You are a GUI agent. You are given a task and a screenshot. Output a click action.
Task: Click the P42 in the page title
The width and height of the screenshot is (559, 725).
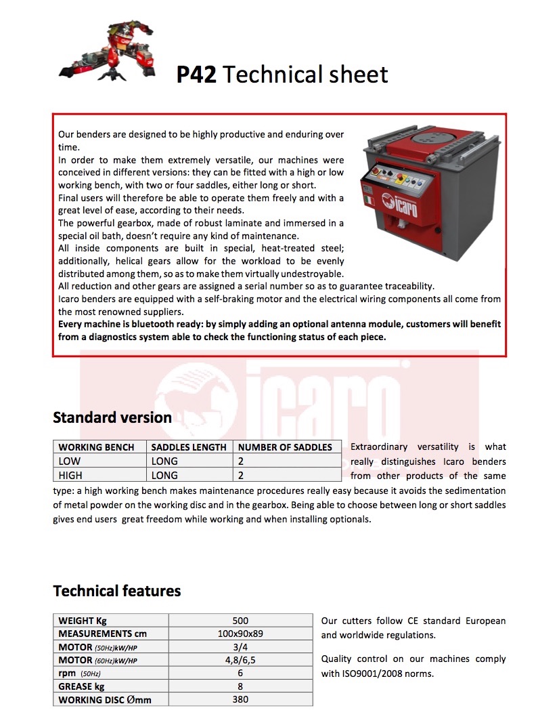tap(196, 75)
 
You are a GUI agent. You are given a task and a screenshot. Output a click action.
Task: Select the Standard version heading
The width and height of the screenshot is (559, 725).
tap(112, 417)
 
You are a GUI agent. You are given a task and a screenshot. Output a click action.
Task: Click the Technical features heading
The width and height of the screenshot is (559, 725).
tap(117, 591)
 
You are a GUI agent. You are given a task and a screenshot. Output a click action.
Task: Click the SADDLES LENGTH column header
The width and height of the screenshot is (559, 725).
tap(189, 447)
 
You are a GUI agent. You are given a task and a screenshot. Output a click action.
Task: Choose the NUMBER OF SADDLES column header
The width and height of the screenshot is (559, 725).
tap(285, 447)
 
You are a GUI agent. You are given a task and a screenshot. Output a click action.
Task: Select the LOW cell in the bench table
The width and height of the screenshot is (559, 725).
tap(70, 461)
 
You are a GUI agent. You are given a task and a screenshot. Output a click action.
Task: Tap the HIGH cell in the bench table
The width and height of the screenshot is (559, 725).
tap(70, 476)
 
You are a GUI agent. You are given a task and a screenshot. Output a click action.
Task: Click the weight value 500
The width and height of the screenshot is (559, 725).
tap(240, 621)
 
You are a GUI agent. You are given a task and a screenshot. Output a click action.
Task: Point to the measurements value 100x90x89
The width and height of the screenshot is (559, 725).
tap(240, 634)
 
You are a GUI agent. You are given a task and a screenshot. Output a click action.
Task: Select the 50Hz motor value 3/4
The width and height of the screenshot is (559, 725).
tap(240, 647)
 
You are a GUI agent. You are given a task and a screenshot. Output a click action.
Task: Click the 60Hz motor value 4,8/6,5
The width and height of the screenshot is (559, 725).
tap(240, 660)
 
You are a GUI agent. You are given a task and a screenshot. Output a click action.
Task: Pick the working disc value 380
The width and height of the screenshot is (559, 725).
tap(240, 699)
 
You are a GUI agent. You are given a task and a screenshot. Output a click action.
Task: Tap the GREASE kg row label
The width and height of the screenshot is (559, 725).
tap(81, 686)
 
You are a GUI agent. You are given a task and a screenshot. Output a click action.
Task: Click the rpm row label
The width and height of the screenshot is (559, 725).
tap(67, 674)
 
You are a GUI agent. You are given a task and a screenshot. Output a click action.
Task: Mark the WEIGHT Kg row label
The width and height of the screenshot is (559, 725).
tap(83, 621)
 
